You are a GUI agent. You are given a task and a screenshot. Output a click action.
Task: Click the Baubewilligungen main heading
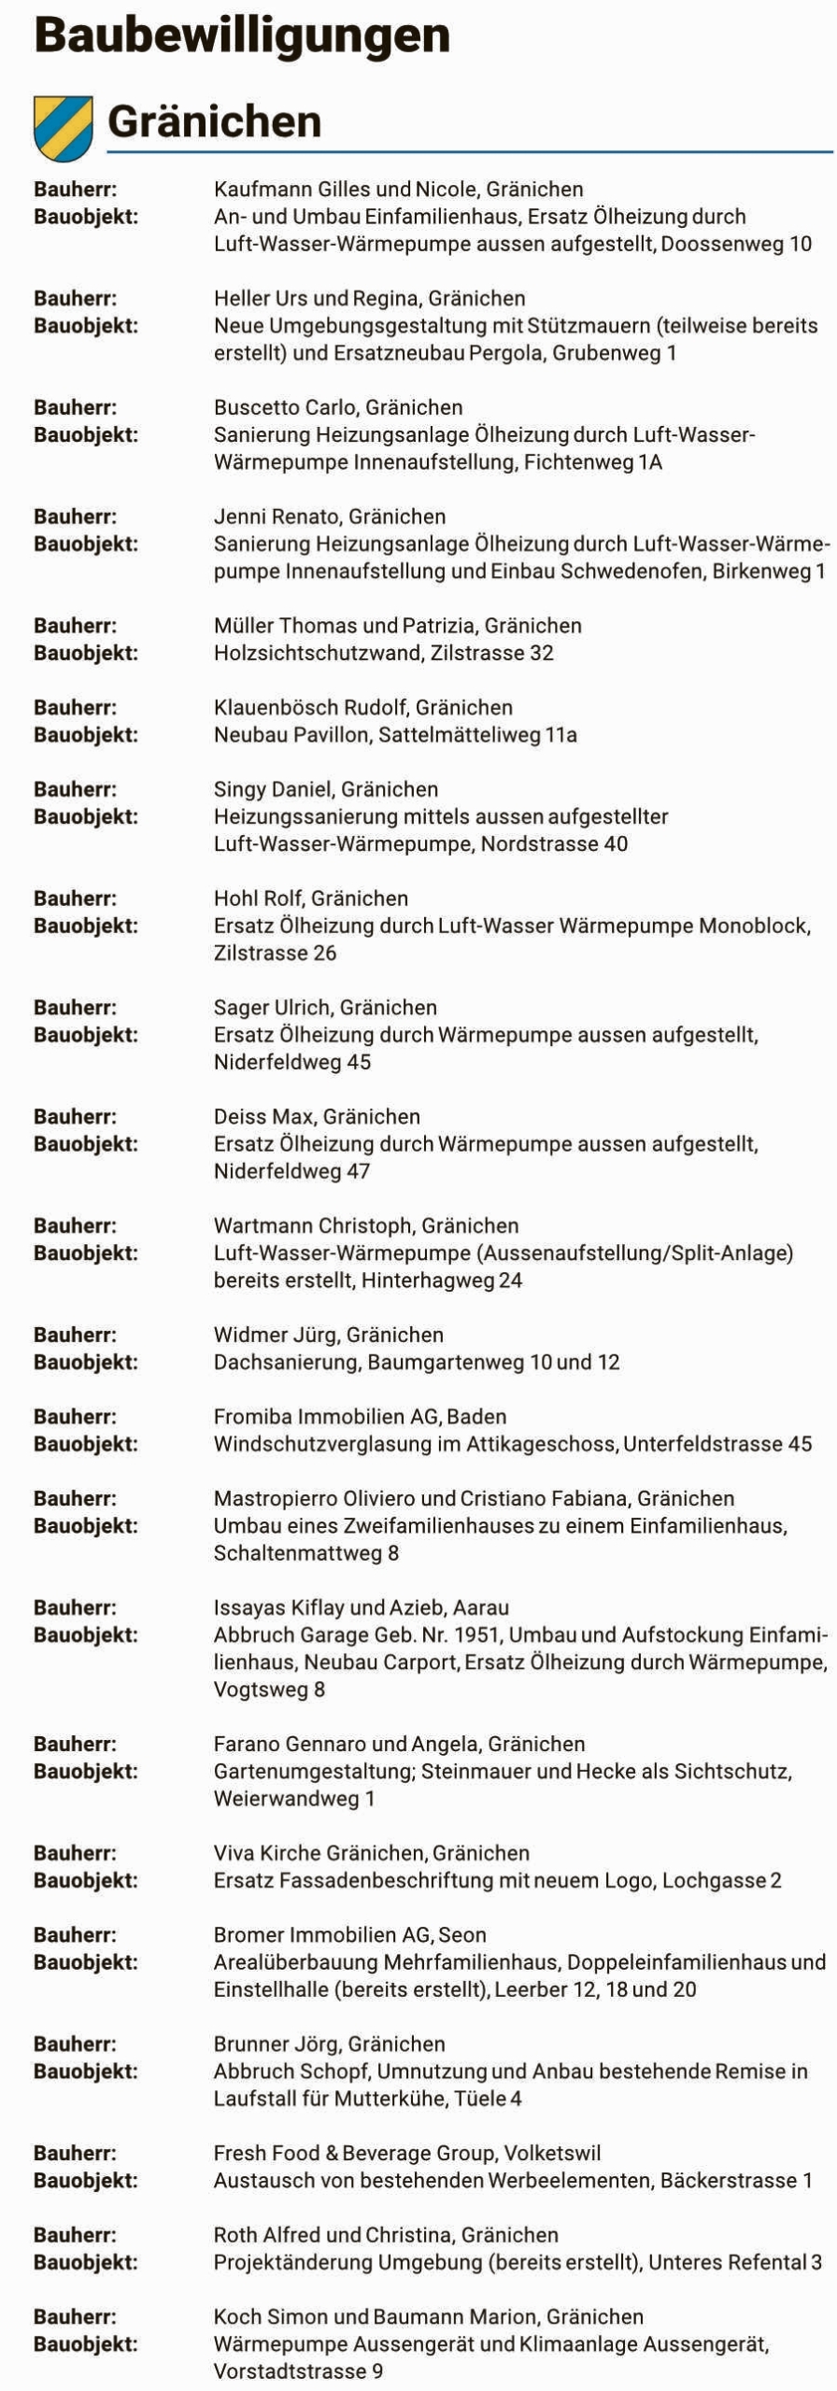pos(242,35)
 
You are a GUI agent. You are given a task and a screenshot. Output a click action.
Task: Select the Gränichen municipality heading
pos(214,122)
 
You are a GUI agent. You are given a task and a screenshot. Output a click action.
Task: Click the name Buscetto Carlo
pos(284,407)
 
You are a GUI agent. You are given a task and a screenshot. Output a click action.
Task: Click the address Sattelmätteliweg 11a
pos(477,735)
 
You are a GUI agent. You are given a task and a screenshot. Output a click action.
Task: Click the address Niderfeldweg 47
pos(291,1171)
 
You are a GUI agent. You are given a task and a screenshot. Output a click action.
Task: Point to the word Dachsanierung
pos(286,1362)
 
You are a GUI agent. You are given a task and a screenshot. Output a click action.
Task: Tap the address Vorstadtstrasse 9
pos(297,2371)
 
